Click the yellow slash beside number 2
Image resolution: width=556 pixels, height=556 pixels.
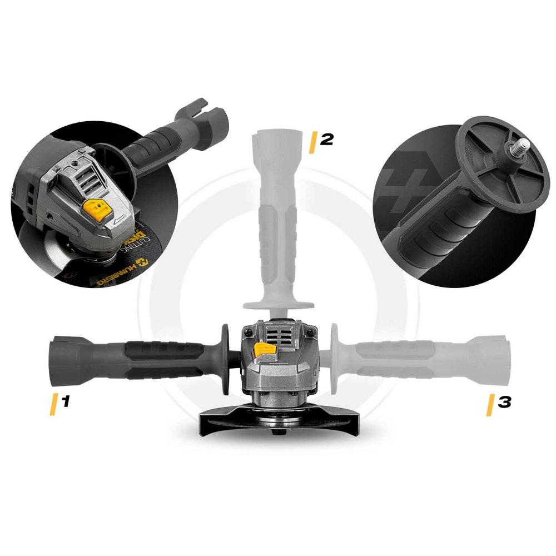312,142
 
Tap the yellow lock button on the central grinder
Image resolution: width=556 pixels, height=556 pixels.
264,350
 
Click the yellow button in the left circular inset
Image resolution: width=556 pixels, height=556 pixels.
96,210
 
